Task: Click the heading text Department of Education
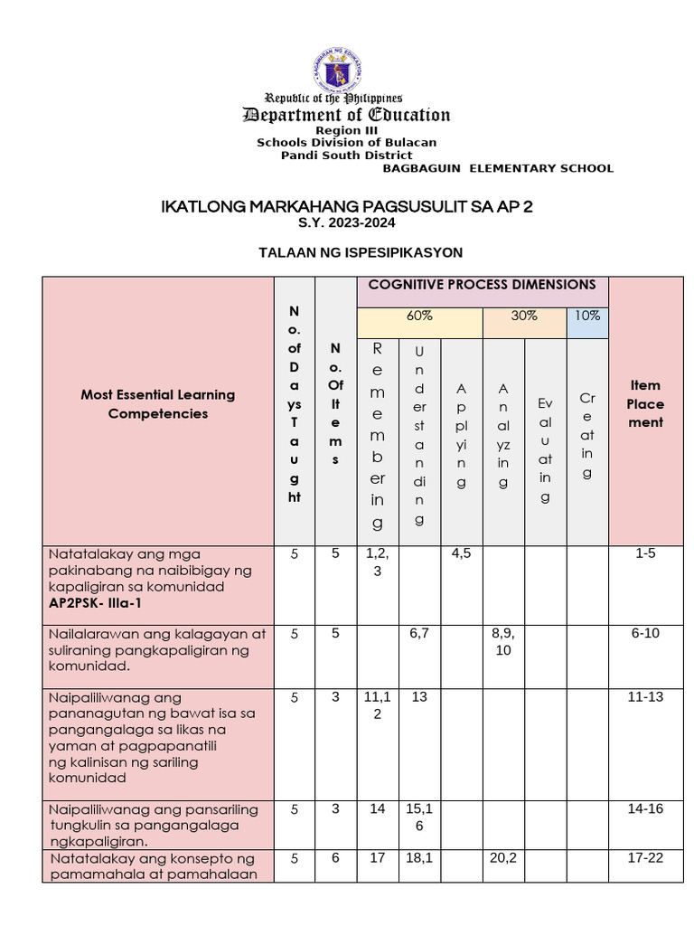click(346, 115)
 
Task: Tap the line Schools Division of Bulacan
click(346, 142)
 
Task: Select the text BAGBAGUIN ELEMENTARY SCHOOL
click(498, 168)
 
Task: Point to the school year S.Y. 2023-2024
click(346, 222)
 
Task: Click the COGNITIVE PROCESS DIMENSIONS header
click(482, 285)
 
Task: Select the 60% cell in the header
click(419, 317)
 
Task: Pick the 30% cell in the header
click(524, 317)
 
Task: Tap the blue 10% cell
click(586, 317)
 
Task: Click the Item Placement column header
click(645, 404)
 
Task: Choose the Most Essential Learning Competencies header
click(157, 404)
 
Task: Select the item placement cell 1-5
click(645, 553)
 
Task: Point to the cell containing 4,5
click(461, 553)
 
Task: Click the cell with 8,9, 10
click(503, 641)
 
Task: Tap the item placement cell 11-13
click(645, 698)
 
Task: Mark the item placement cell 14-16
click(645, 808)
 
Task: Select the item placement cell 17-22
click(645, 858)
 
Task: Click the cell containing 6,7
click(418, 633)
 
